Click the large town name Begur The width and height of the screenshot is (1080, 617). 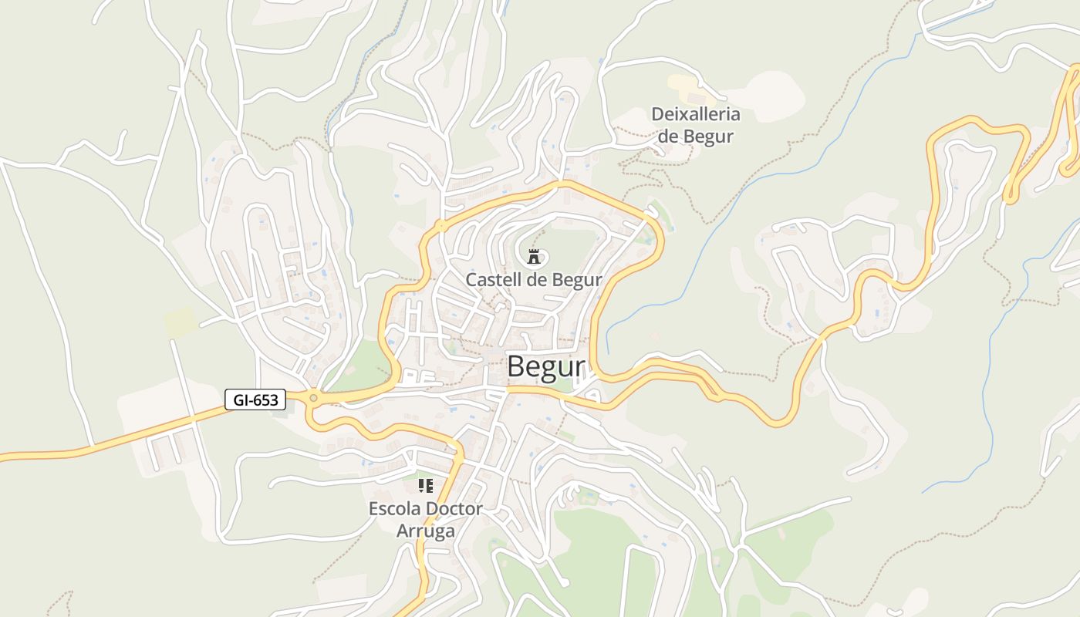[x=546, y=367]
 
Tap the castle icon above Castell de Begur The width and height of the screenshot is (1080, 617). [x=533, y=257]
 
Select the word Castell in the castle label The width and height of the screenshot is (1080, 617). [x=494, y=279]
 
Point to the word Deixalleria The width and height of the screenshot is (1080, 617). [x=695, y=115]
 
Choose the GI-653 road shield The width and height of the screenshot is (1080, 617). [x=255, y=400]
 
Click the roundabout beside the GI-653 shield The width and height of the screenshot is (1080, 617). [x=313, y=398]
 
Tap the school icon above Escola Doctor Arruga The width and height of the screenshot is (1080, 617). [x=425, y=486]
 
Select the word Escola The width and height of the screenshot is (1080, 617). [x=395, y=509]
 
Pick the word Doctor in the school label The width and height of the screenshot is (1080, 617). [x=454, y=509]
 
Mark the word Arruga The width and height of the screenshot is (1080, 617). [x=425, y=531]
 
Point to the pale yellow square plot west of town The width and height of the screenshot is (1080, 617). [x=181, y=321]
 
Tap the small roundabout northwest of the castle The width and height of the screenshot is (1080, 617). [x=441, y=226]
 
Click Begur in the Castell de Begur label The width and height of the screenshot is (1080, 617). [x=577, y=279]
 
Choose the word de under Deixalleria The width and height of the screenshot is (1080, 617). [x=667, y=137]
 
